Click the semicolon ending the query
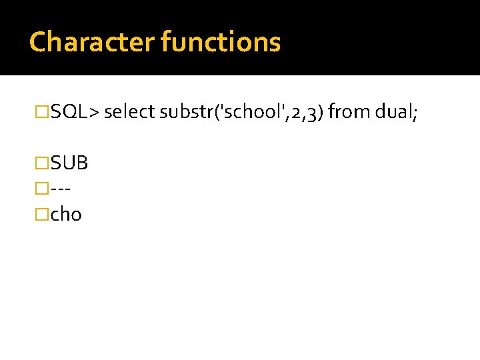[x=415, y=113]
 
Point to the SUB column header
[x=69, y=163]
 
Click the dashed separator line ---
[x=61, y=189]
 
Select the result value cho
[x=66, y=215]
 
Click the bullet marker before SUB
[x=42, y=163]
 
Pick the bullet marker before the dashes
[x=42, y=189]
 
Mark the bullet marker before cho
[x=42, y=215]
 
